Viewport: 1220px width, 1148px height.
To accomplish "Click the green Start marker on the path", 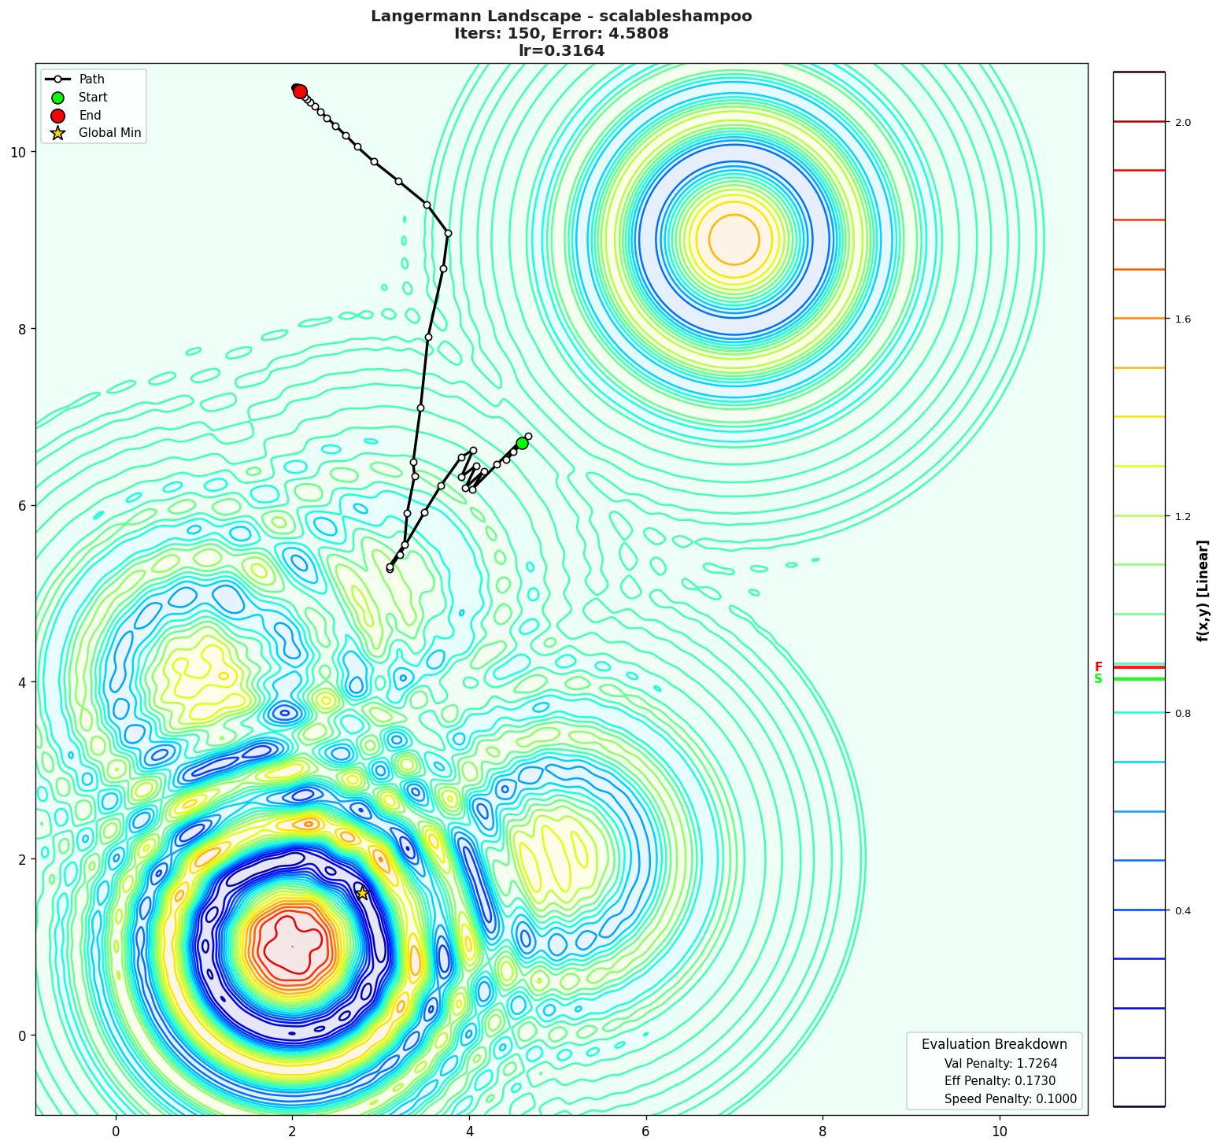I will tap(522, 443).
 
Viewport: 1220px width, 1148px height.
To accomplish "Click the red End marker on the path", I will tap(300, 91).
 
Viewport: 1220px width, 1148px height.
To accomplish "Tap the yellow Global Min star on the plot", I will tap(363, 893).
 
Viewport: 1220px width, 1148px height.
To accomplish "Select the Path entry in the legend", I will tap(91, 79).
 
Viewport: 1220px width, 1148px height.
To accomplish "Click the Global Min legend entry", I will tap(109, 133).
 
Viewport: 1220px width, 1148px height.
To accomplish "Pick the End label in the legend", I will tap(90, 116).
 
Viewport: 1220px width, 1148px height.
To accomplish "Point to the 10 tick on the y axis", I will tap(17, 152).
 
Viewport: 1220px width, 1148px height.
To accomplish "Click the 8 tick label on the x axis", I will tap(823, 1131).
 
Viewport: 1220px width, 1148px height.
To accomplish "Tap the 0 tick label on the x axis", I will tap(116, 1131).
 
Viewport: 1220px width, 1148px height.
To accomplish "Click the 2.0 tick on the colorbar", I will tap(1182, 122).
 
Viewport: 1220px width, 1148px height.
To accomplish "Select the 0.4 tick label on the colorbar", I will tap(1182, 911).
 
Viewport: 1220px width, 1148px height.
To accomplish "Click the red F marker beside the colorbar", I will tap(1098, 667).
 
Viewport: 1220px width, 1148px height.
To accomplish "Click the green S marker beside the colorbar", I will tap(1098, 679).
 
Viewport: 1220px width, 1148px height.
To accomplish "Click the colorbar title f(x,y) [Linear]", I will tap(1202, 590).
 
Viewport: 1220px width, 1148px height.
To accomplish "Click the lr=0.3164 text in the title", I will tap(561, 51).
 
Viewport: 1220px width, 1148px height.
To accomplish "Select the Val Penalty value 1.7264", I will tap(1032, 1063).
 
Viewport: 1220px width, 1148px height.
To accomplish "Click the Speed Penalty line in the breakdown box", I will tap(1010, 1099).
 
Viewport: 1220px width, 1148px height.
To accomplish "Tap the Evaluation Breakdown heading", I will tap(994, 1044).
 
